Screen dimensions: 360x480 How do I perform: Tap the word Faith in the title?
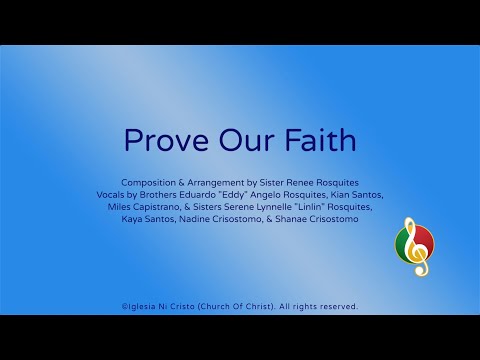(x=319, y=141)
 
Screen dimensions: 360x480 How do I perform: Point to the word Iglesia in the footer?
(x=146, y=306)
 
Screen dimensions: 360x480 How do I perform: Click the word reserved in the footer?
(x=335, y=306)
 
